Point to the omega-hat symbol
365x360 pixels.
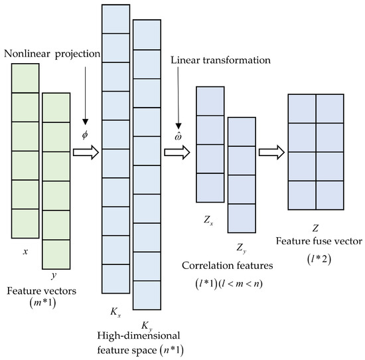point(179,137)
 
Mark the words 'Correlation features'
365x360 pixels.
point(226,266)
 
